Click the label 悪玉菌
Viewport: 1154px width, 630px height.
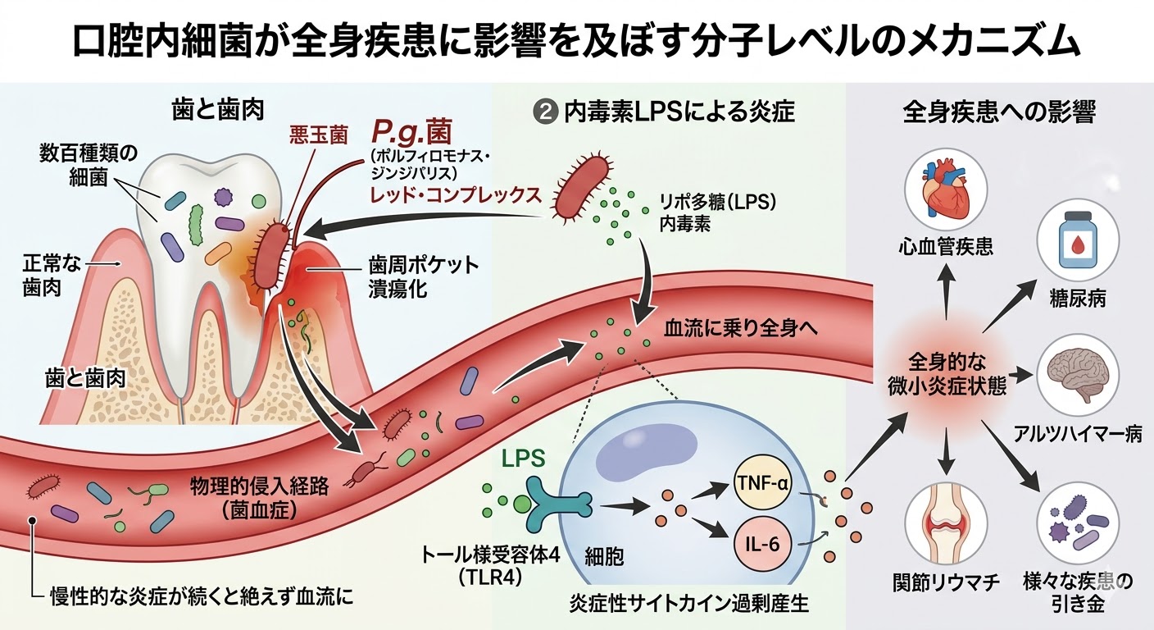click(x=320, y=132)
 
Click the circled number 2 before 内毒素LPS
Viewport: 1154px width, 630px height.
click(x=543, y=112)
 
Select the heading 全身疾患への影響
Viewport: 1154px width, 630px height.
click(x=998, y=112)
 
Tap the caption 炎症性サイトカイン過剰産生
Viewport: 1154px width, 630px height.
click(x=688, y=605)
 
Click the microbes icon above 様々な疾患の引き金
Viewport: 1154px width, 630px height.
click(x=1077, y=523)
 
